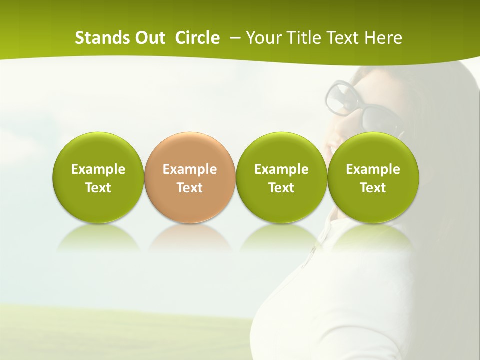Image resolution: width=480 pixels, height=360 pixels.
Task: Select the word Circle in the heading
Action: (x=197, y=38)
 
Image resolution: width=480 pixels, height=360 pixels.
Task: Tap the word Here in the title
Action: (x=383, y=38)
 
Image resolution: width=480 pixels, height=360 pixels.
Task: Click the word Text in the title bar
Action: (x=343, y=38)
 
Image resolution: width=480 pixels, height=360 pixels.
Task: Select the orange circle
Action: (x=190, y=178)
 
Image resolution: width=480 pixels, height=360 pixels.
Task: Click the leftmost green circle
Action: (x=98, y=178)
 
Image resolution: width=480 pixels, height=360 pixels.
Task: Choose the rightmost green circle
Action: (x=373, y=178)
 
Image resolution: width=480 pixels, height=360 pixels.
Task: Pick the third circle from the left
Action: (x=281, y=178)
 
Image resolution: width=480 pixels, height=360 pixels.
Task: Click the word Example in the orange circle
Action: (x=190, y=169)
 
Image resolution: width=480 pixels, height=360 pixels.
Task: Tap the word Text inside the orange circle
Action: (x=190, y=188)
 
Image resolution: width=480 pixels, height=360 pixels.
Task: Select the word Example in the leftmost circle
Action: (x=98, y=169)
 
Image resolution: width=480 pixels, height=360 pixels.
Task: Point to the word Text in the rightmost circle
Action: (x=373, y=188)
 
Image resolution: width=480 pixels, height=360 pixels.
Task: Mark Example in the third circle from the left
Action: (x=281, y=169)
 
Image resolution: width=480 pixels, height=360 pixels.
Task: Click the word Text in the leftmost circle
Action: (x=98, y=188)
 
